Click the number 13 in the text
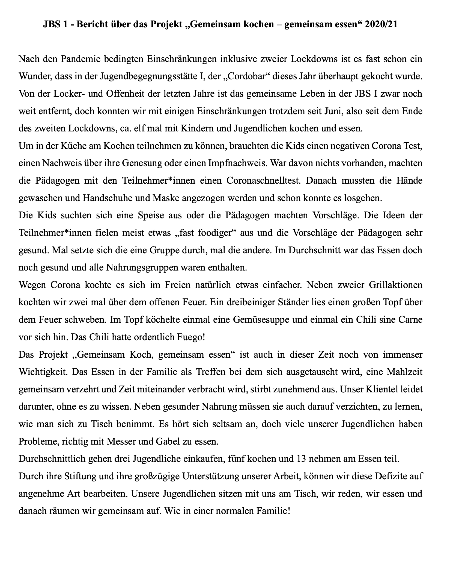coord(301,459)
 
